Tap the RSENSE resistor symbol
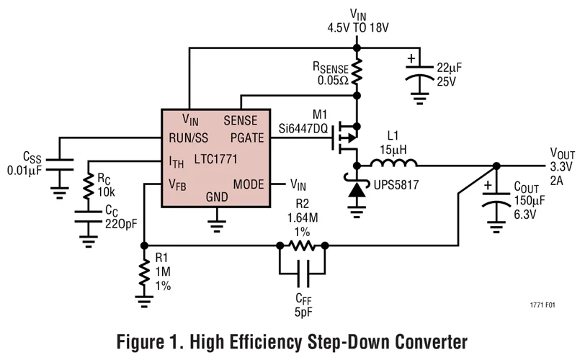(x=357, y=71)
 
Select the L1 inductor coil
(x=390, y=164)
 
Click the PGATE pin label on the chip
(x=246, y=138)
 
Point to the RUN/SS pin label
(x=189, y=138)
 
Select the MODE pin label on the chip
(x=249, y=184)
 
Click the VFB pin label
(x=177, y=184)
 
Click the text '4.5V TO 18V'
(x=357, y=29)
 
